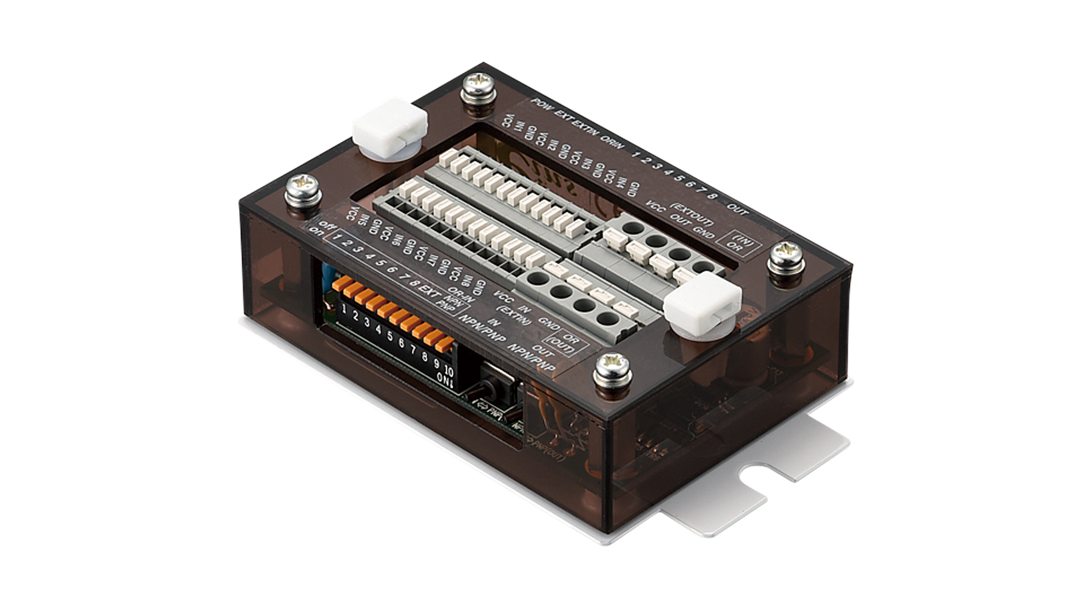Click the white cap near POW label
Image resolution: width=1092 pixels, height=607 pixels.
point(390,129)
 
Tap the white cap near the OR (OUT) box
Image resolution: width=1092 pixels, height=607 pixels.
point(702,303)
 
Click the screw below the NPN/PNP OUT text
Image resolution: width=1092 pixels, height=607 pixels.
point(613,371)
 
